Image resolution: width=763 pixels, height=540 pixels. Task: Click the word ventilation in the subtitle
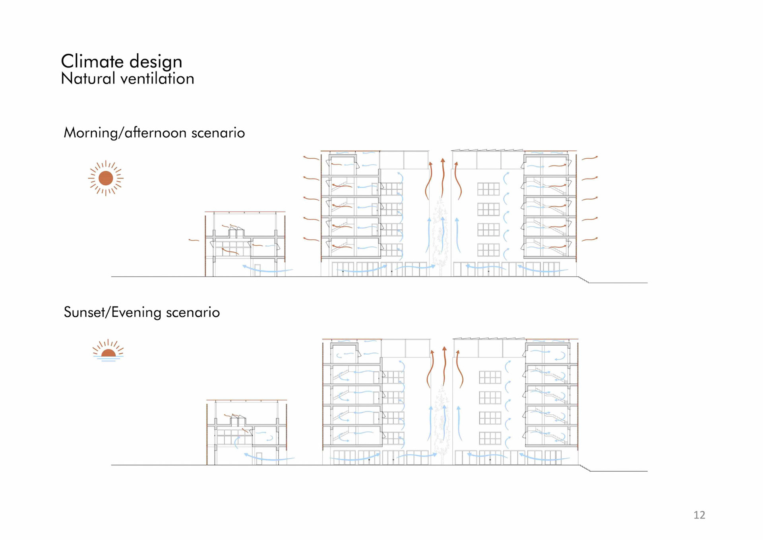pos(157,79)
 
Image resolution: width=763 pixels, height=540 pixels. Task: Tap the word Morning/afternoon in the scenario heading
pos(125,133)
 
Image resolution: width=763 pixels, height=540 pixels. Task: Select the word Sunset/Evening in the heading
pos(112,313)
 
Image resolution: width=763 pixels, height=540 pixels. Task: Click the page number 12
pos(699,515)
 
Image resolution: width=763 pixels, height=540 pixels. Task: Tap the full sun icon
pos(106,178)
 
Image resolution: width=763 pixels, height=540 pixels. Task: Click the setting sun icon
pos(108,350)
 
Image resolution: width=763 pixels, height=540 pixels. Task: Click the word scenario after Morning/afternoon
pos(218,133)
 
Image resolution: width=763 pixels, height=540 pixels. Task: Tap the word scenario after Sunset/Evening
pos(193,313)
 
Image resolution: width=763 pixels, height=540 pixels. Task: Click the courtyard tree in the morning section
pos(440,235)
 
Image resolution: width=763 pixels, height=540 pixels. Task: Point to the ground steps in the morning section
pos(583,280)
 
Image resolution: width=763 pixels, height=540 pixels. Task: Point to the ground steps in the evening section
pos(585,468)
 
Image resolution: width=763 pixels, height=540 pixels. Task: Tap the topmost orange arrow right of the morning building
pos(590,158)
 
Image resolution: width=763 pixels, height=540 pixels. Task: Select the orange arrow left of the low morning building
pos(194,240)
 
